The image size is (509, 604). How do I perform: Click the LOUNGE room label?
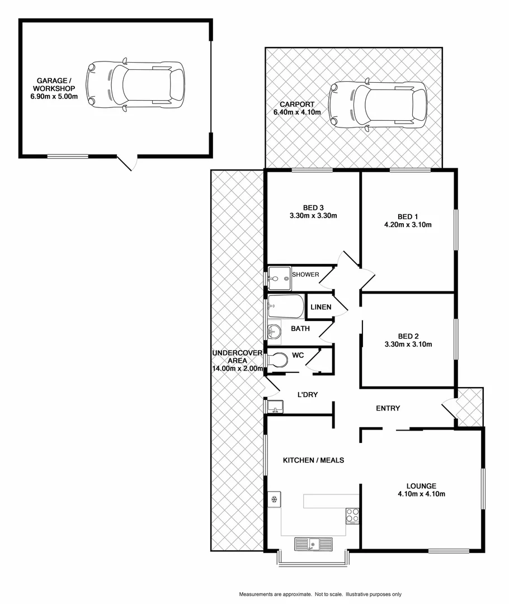pyautogui.click(x=421, y=485)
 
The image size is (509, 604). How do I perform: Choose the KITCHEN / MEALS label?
pyautogui.click(x=313, y=460)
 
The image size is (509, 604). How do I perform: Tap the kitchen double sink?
pyautogui.click(x=313, y=543)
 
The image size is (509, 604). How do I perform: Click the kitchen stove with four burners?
pyautogui.click(x=352, y=515)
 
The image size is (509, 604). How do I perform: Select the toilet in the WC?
pyautogui.click(x=276, y=361)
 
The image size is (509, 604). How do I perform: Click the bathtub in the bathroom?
pyautogui.click(x=286, y=306)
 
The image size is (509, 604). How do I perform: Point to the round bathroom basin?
pyautogui.click(x=274, y=331)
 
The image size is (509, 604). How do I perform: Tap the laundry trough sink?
pyautogui.click(x=274, y=405)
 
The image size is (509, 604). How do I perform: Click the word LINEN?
pyautogui.click(x=321, y=307)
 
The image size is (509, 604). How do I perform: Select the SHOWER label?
pyautogui.click(x=305, y=275)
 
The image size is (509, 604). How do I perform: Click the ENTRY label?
pyautogui.click(x=388, y=408)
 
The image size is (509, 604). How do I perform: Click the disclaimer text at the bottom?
pyautogui.click(x=321, y=594)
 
